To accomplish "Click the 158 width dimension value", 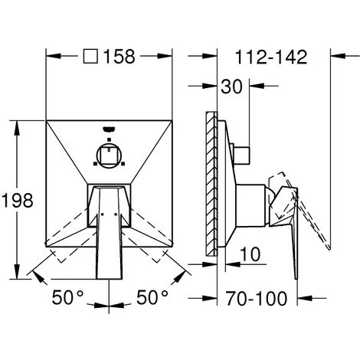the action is tap(119, 57).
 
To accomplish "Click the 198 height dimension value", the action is tap(18, 200).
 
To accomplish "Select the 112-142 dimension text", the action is tap(271, 57).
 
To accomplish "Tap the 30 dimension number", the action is tap(231, 87).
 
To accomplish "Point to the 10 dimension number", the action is tap(250, 254).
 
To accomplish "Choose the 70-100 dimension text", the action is tap(257, 298).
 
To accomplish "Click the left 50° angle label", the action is tap(67, 297).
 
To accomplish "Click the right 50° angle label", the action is tap(152, 297).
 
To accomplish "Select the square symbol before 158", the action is tap(90, 56).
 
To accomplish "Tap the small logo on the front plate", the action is tap(109, 129).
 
